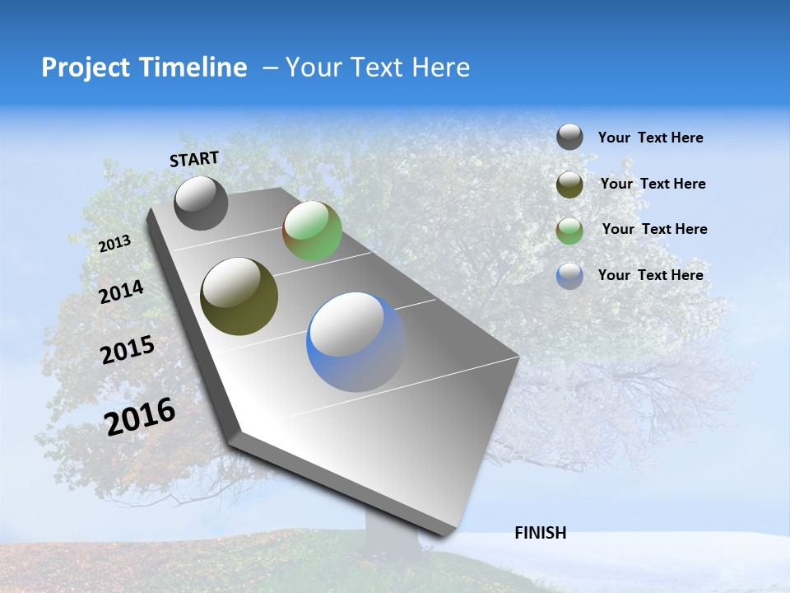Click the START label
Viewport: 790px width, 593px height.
(x=194, y=159)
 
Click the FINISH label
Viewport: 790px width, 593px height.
(x=540, y=533)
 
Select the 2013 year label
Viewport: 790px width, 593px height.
(x=114, y=244)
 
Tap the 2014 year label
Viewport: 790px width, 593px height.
(x=121, y=292)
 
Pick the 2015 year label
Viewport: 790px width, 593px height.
(x=128, y=350)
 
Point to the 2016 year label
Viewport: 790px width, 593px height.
(x=140, y=417)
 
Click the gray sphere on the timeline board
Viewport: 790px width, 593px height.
(x=201, y=203)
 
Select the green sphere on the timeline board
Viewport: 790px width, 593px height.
(x=312, y=231)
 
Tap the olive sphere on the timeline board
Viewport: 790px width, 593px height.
(x=239, y=296)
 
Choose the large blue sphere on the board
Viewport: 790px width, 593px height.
(x=356, y=342)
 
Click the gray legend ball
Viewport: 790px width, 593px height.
(x=569, y=137)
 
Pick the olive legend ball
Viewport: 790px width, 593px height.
(x=569, y=184)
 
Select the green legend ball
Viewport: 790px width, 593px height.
(x=569, y=231)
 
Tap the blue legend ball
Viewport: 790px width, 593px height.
(x=569, y=276)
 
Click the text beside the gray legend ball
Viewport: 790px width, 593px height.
(x=650, y=138)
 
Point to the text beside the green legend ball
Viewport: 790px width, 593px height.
(x=654, y=229)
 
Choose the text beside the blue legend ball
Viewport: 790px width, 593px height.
(x=650, y=275)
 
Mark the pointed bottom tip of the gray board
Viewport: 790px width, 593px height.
(x=444, y=533)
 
